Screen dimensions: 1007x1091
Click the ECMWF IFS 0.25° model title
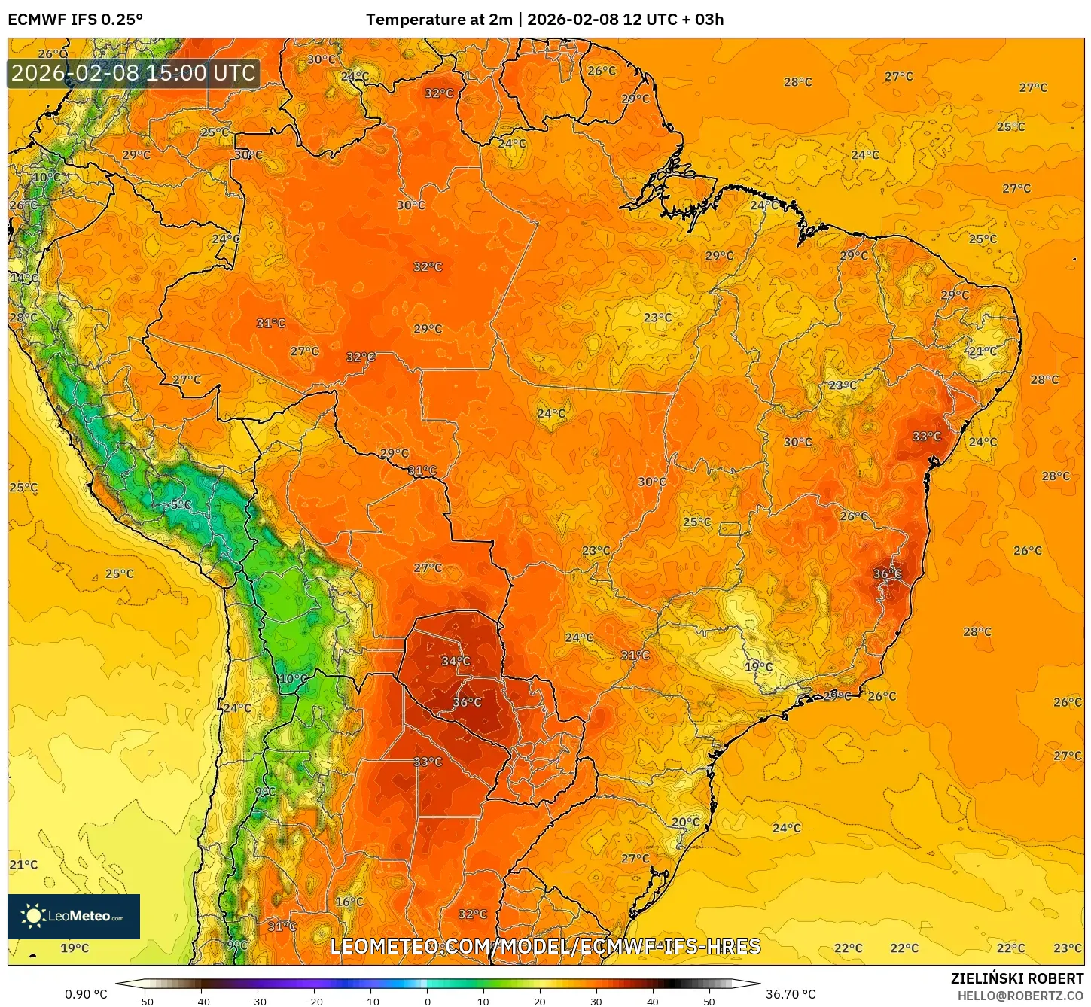(75, 20)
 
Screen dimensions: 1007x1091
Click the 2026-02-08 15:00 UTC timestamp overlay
(133, 73)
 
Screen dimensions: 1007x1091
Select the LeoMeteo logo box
(74, 916)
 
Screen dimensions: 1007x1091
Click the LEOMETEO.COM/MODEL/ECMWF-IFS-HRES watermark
(545, 946)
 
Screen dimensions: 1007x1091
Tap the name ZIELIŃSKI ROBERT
(1016, 979)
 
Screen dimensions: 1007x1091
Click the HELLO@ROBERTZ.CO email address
(1020, 996)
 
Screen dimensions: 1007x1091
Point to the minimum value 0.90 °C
(86, 994)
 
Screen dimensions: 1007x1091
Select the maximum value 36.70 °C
(791, 994)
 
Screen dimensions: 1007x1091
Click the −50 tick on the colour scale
(144, 1001)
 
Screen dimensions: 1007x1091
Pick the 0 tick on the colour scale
(427, 1001)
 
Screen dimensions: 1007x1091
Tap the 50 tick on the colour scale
(709, 1001)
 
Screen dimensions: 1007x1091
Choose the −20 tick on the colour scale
(313, 1001)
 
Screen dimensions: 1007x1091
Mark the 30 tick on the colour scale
(596, 1001)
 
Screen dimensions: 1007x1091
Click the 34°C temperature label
(456, 661)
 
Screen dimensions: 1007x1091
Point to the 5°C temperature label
(181, 504)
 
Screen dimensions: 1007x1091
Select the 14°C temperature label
(24, 278)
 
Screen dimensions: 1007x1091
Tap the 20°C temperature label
(685, 822)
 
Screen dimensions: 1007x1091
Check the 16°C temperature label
(349, 901)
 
